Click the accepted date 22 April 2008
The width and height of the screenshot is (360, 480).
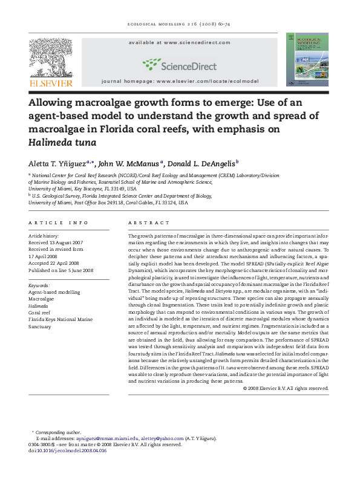[53, 263]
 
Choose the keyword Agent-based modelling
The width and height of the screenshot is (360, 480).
[54, 292]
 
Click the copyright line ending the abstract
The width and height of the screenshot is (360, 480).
[286, 388]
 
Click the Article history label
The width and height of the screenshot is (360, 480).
[44, 235]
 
